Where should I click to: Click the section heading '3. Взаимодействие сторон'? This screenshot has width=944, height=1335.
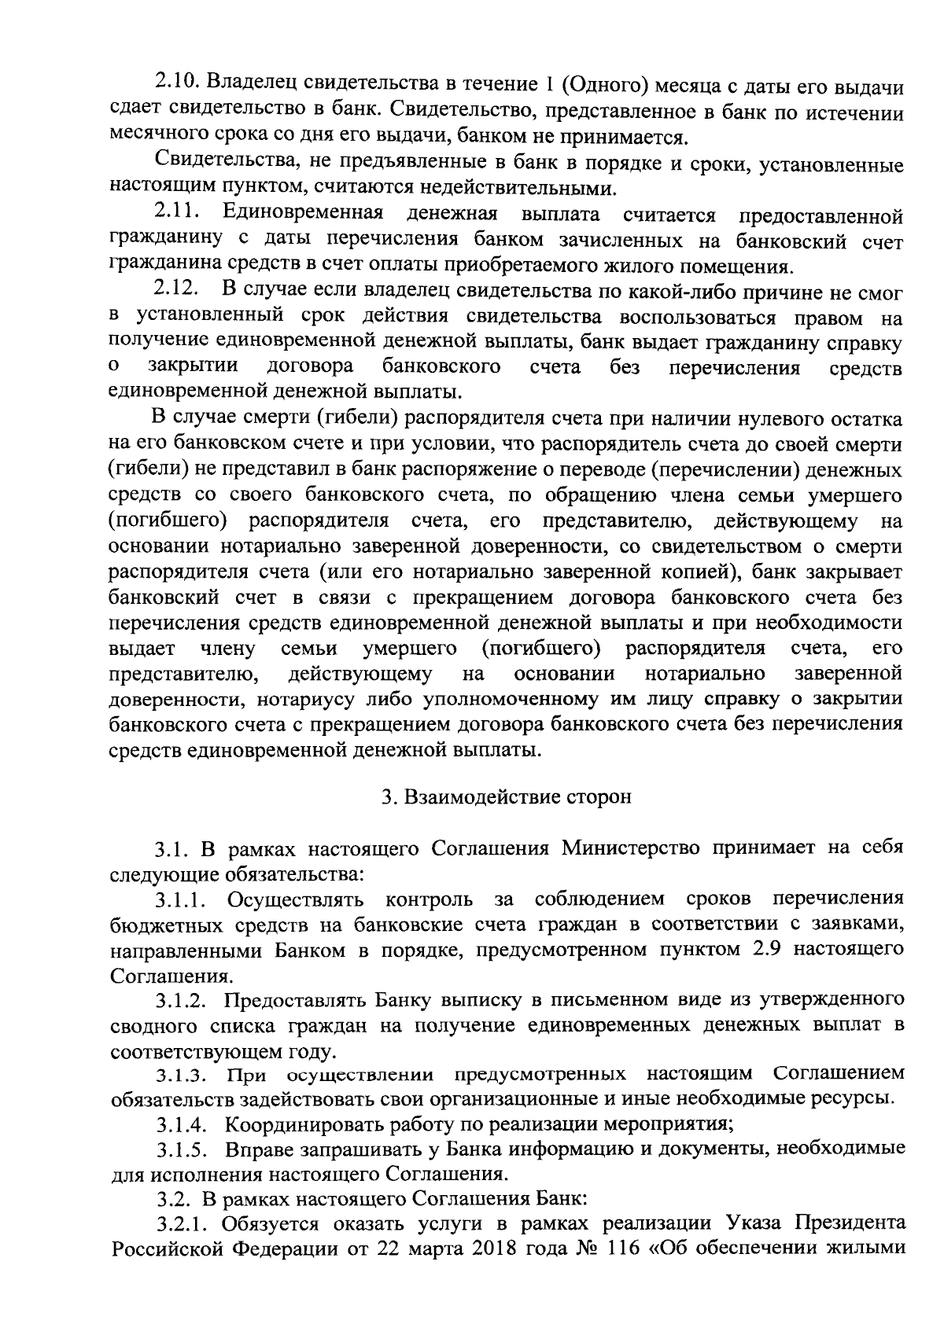click(x=507, y=796)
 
